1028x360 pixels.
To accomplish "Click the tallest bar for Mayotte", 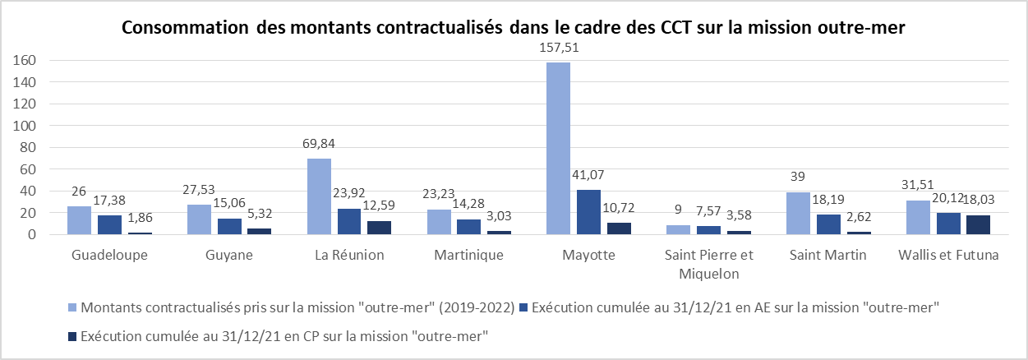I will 558,149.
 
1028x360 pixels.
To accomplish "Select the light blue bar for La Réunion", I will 319,196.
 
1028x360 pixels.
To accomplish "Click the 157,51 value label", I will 558,48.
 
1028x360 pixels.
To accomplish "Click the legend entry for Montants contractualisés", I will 297,308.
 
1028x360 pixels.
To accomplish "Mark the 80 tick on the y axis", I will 29,147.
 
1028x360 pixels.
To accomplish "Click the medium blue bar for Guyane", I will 230,226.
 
